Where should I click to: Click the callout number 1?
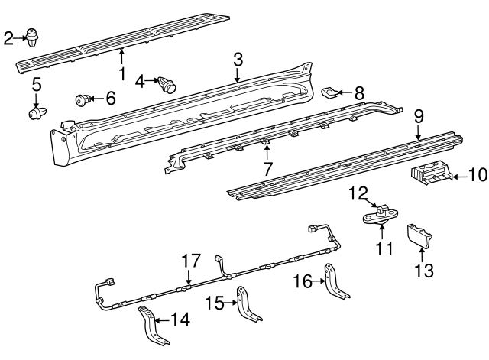click(121, 75)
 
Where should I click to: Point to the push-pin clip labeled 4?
click(167, 83)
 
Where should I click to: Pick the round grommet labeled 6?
click(82, 99)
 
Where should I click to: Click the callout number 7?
click(267, 169)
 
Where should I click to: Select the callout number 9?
click(419, 117)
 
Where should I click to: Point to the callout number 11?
click(383, 248)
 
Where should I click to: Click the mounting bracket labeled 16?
click(335, 283)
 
